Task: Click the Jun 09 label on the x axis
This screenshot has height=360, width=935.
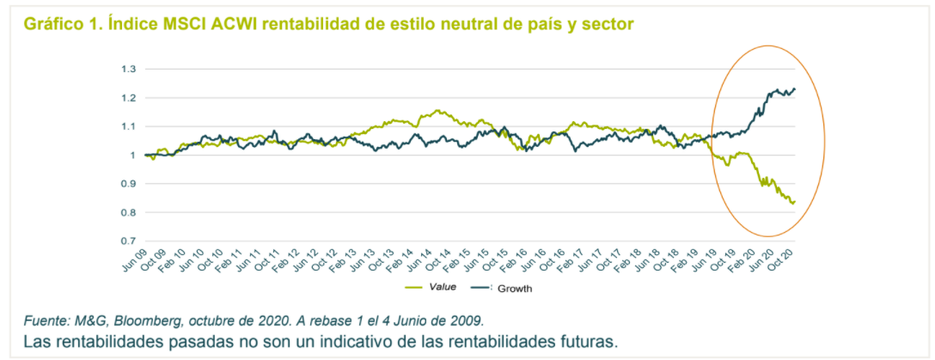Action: point(137,258)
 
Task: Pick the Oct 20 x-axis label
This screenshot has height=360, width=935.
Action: point(785,258)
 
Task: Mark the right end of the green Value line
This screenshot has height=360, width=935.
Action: point(795,201)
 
